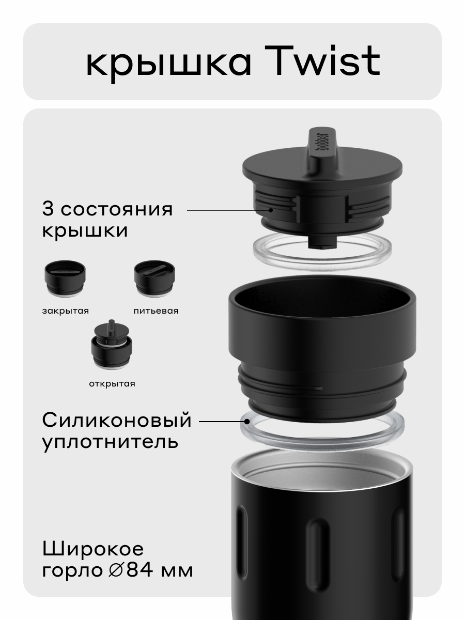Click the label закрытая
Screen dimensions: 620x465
65,311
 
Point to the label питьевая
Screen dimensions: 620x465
156,311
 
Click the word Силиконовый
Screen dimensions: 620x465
117,421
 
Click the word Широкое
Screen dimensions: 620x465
93,548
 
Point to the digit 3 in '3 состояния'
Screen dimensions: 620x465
49,210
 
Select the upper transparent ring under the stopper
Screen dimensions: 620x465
322,251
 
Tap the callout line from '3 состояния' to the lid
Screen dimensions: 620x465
227,210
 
